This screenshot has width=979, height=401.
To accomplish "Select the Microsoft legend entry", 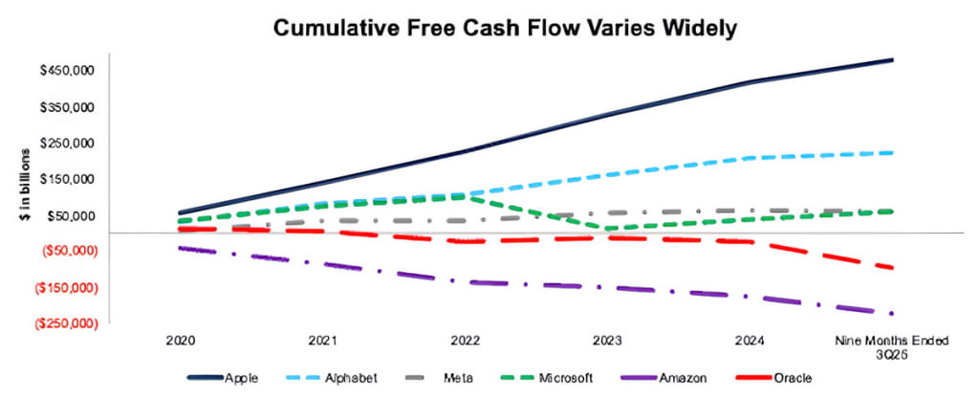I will click(x=552, y=378).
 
